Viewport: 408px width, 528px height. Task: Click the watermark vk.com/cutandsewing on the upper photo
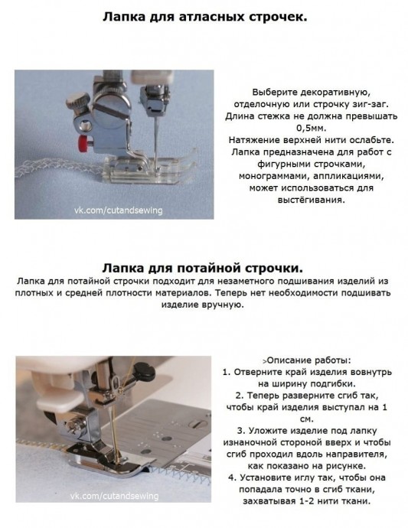coord(118,210)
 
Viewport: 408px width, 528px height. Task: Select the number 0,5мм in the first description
coord(312,129)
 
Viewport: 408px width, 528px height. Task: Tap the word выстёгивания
coord(312,200)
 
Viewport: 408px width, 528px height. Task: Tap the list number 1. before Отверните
coord(227,372)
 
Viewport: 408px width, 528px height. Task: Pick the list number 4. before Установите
coord(232,477)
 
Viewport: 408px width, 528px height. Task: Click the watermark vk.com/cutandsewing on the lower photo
coord(114,496)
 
